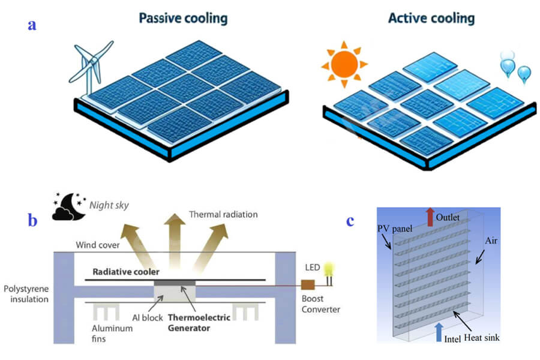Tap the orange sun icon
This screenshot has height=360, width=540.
(x=344, y=64)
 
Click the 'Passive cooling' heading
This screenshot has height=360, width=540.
(x=183, y=19)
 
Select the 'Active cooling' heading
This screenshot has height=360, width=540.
(x=431, y=18)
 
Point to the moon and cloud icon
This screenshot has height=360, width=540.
(x=69, y=206)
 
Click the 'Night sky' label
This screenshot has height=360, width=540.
(x=109, y=205)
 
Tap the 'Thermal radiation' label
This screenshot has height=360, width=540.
(x=223, y=214)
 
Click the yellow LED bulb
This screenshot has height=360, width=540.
(x=329, y=273)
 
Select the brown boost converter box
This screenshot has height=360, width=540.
(x=308, y=285)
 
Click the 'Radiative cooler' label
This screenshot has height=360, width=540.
(x=126, y=272)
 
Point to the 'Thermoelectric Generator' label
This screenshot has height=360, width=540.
(x=199, y=322)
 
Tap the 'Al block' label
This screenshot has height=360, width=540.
(x=148, y=317)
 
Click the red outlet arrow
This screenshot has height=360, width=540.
(x=430, y=217)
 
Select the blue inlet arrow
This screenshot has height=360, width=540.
(x=439, y=332)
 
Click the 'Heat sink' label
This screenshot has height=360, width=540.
(x=481, y=338)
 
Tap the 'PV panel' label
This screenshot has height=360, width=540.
(x=395, y=229)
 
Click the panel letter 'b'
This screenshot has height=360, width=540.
(x=32, y=220)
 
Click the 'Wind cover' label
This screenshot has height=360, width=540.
(x=98, y=245)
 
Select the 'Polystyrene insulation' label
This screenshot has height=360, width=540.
(x=26, y=294)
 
